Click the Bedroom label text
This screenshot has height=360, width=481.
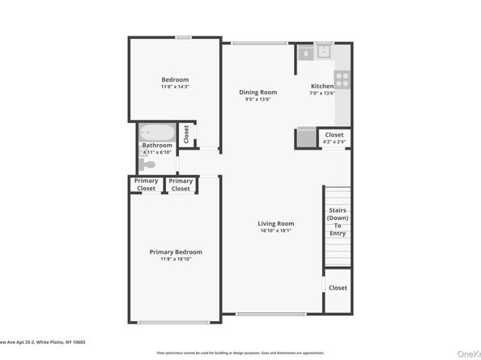point(175,79)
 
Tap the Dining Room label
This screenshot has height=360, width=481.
point(258,93)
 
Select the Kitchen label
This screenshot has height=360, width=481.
point(322,87)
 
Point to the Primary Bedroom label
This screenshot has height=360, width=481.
point(176,252)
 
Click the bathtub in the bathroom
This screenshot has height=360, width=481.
point(154,133)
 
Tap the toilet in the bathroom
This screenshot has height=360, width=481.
point(147,164)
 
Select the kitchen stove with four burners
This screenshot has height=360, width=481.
point(342,79)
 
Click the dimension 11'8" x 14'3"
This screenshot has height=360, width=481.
point(175,87)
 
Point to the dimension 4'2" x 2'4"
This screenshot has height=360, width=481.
point(334,142)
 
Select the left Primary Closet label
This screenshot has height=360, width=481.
point(146,185)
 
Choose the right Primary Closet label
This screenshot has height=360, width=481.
point(181,185)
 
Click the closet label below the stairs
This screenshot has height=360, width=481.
point(338,288)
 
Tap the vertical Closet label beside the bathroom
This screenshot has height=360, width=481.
point(186,133)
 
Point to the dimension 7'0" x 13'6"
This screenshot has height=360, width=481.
point(322,94)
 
